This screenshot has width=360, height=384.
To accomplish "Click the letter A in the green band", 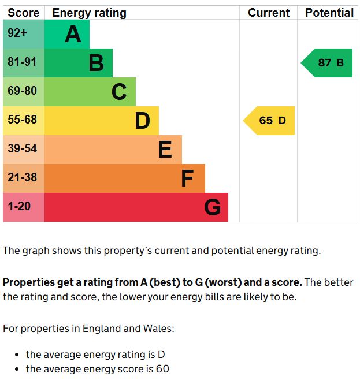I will click(x=73, y=35).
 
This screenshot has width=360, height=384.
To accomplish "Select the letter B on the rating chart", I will click(x=96, y=63).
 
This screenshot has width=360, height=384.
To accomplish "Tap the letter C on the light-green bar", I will click(x=119, y=92).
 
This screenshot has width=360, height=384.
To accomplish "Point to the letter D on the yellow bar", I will click(x=142, y=121).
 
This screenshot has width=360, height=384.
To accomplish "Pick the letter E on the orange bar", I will click(x=165, y=150).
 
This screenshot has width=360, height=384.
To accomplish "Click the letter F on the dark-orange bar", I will click(x=187, y=178).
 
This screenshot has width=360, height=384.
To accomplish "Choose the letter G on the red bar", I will click(x=212, y=207).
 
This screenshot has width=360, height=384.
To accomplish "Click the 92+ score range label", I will click(x=17, y=33).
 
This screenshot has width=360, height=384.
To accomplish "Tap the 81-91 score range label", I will click(x=22, y=62).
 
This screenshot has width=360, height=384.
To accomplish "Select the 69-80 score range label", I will click(x=22, y=91).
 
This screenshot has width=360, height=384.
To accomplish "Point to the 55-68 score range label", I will click(x=22, y=120).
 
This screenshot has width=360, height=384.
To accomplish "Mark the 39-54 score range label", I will click(x=22, y=149).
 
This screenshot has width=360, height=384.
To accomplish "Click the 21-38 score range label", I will click(x=22, y=178).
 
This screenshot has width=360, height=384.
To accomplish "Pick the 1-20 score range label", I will click(x=19, y=206).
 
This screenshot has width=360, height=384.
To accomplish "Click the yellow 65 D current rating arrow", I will click(x=270, y=121).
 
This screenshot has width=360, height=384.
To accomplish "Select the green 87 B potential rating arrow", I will click(x=328, y=63).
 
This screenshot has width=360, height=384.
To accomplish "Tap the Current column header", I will click(x=269, y=13).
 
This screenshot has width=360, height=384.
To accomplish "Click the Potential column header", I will click(x=329, y=13).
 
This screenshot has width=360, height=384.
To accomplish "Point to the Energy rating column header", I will click(x=89, y=13).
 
